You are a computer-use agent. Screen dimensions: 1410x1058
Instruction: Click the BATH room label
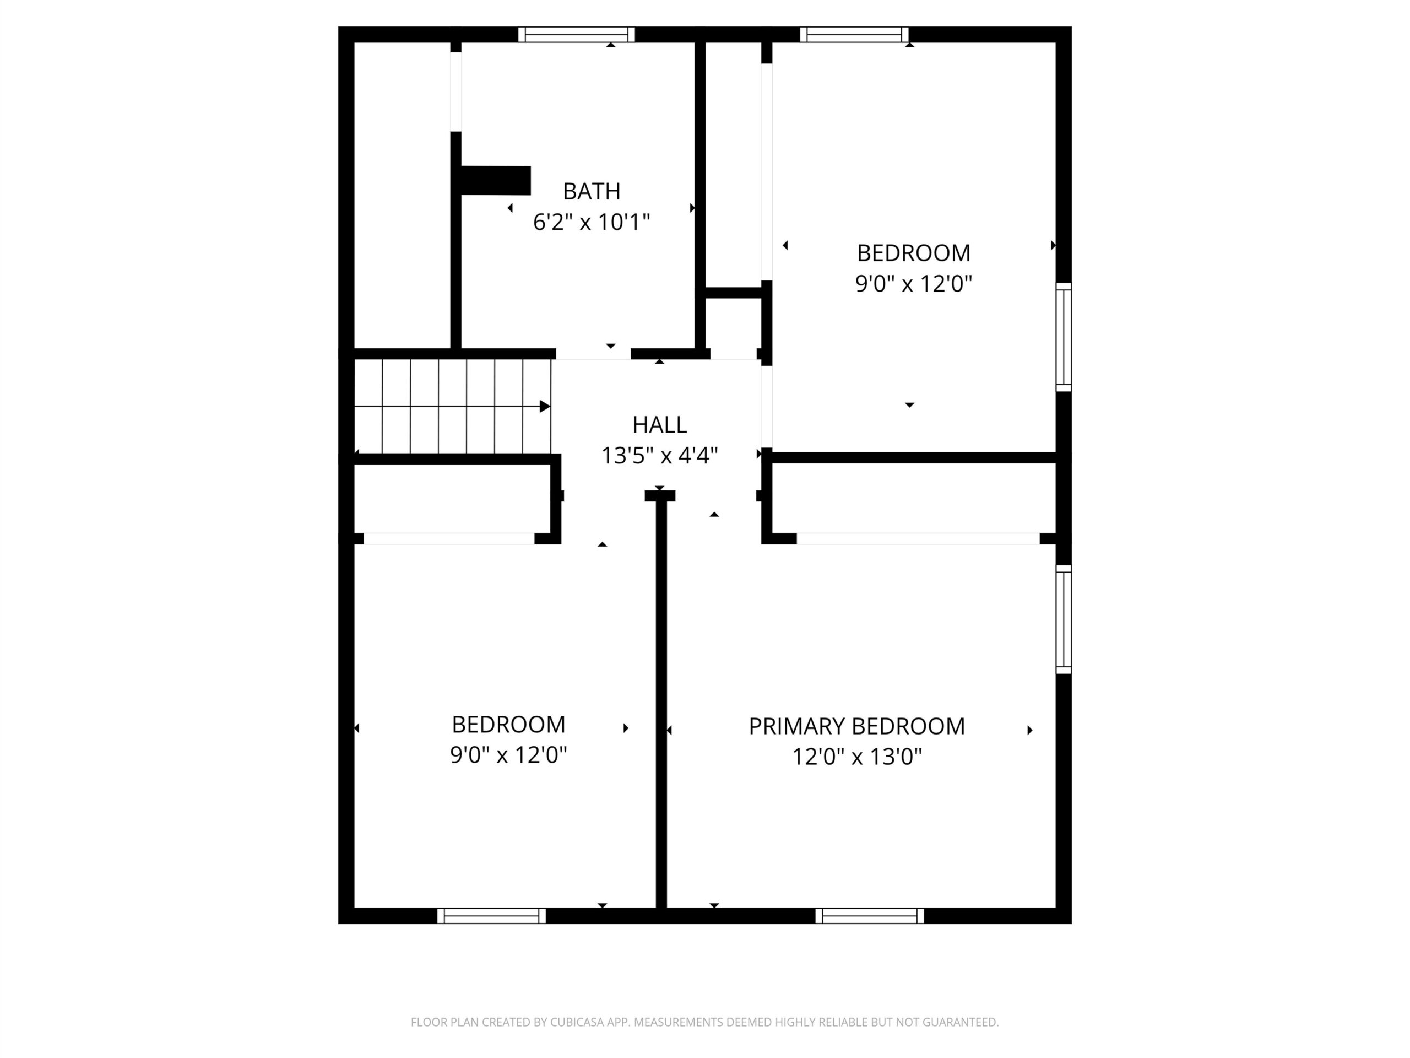click(592, 191)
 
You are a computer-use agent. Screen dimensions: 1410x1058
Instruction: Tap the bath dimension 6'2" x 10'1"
click(592, 222)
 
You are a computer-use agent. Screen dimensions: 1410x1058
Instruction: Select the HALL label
click(660, 425)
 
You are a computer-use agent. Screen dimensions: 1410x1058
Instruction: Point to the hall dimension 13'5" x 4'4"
click(660, 456)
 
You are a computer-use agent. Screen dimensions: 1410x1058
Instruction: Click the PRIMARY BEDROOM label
click(856, 726)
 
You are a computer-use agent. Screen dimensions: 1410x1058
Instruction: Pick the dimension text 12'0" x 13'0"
click(856, 757)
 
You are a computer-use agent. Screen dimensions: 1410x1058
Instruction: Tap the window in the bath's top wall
click(576, 34)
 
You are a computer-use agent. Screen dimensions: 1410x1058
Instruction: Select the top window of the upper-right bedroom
click(854, 34)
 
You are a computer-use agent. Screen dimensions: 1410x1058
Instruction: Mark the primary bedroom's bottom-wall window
click(870, 916)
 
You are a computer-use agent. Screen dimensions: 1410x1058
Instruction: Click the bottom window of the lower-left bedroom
click(491, 916)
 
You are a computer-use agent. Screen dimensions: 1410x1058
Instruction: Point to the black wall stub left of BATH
click(495, 181)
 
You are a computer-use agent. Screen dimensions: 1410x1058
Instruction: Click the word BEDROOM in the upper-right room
click(913, 253)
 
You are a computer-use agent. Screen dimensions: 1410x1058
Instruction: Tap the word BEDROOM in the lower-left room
click(509, 725)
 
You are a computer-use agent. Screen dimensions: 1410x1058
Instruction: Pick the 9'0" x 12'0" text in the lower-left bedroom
click(509, 755)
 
